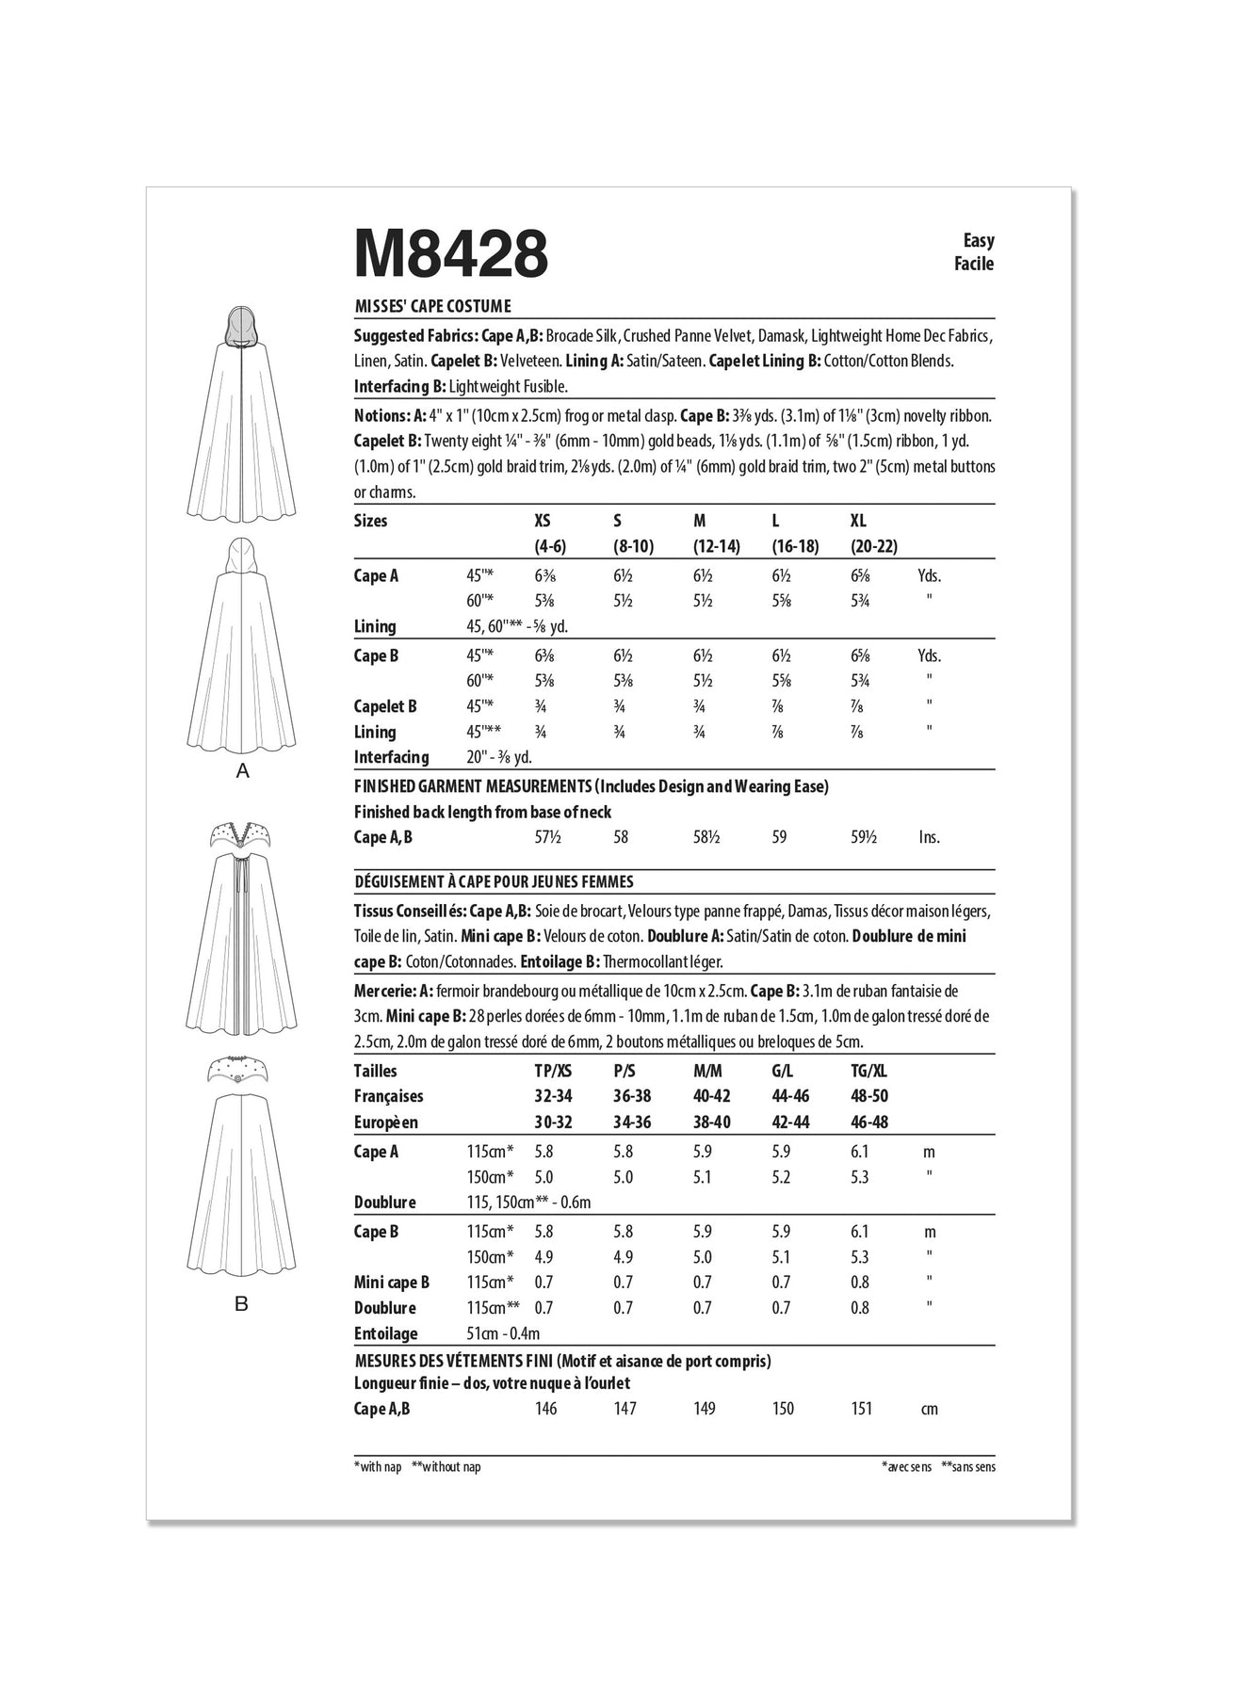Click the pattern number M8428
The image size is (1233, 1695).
click(450, 251)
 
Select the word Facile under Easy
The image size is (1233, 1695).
click(974, 264)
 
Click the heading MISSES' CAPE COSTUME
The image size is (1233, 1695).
click(432, 306)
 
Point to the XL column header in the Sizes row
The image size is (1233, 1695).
click(858, 521)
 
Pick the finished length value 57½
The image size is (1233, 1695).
click(545, 837)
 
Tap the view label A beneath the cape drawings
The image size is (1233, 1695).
click(243, 771)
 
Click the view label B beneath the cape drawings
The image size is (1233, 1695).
click(242, 1304)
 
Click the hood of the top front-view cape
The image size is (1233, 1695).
click(242, 330)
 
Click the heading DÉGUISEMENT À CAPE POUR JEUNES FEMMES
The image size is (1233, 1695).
click(494, 882)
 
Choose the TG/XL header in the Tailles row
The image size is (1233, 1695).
click(868, 1071)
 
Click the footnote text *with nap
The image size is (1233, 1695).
click(378, 1467)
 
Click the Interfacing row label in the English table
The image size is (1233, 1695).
click(391, 757)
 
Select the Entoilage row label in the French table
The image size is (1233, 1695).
click(385, 1333)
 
